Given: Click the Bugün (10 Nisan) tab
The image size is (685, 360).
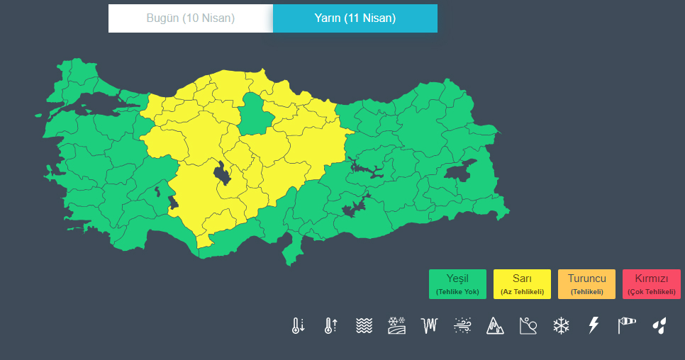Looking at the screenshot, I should pyautogui.click(x=190, y=18).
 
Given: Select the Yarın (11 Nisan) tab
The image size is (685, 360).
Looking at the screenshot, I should pyautogui.click(x=355, y=18).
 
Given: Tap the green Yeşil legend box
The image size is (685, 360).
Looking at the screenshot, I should pyautogui.click(x=457, y=283).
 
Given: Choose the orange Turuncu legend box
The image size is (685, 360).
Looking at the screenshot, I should pyautogui.click(x=586, y=283).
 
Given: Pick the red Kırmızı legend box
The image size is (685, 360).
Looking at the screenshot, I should pyautogui.click(x=651, y=283).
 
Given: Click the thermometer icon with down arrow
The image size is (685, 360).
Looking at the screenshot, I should pyautogui.click(x=298, y=325).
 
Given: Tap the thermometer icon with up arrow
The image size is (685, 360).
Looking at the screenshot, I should pyautogui.click(x=330, y=325).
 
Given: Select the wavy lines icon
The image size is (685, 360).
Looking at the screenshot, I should pyautogui.click(x=364, y=325).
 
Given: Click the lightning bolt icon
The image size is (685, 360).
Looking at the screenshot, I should pyautogui.click(x=594, y=325).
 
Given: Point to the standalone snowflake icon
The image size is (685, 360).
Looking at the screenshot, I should pyautogui.click(x=561, y=325).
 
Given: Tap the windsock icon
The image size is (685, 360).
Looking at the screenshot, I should pyautogui.click(x=627, y=325).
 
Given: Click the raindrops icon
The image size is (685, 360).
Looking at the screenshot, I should pyautogui.click(x=659, y=325).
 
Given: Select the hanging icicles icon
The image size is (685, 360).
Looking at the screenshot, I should pyautogui.click(x=429, y=325).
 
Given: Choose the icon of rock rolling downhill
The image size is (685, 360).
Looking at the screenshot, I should pyautogui.click(x=528, y=325).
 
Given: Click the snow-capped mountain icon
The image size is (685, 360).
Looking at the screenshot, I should pyautogui.click(x=495, y=325).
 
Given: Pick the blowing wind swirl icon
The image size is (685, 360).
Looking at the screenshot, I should pyautogui.click(x=462, y=325).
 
